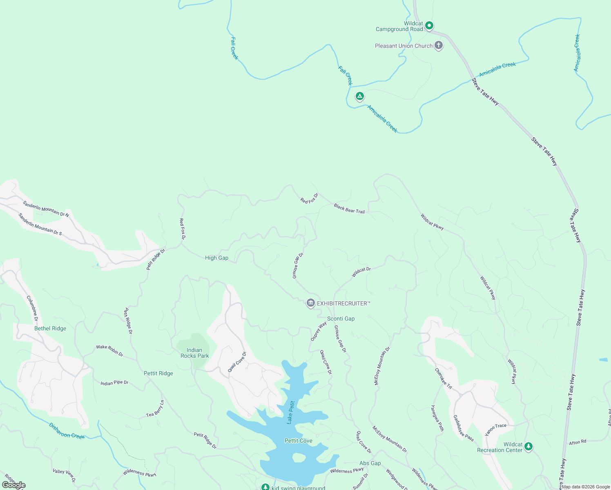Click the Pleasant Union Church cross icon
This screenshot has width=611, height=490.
coord(439,45)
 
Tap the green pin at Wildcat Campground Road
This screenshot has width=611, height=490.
coord(429,26)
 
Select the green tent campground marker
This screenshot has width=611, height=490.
coord(359,97)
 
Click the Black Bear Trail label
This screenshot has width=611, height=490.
coord(349,209)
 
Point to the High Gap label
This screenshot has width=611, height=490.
coord(216,258)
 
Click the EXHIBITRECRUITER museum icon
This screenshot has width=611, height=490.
coord(310,303)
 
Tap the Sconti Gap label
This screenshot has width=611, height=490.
coord(341,318)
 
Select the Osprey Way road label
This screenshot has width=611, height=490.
coord(319,331)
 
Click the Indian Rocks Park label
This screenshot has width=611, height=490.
coord(194,353)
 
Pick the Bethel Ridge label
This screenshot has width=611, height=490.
coord(50,328)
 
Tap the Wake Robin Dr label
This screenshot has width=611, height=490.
coord(109,350)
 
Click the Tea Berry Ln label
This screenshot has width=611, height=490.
coord(155,409)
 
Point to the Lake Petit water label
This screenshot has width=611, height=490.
coord(290,412)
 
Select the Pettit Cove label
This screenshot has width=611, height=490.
coord(298,441)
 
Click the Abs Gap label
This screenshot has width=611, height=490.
coord(370,463)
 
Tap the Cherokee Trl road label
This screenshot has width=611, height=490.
coord(443,379)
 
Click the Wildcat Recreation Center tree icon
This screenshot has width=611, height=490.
coord(528,446)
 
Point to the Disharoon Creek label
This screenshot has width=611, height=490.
coord(67,430)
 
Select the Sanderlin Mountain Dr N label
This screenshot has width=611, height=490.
coord(46,208)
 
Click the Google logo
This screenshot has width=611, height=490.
coord(13,485)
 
